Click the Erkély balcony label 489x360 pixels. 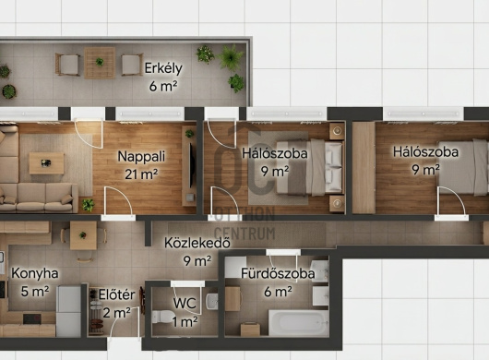[x=163, y=68]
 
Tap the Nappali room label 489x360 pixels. [x=141, y=156]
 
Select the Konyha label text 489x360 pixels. [x=35, y=273]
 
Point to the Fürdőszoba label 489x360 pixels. [x=278, y=273]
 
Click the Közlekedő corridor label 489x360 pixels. [x=197, y=243]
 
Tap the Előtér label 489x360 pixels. [x=117, y=294]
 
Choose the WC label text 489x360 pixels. [x=185, y=303]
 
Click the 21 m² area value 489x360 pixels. [x=141, y=174]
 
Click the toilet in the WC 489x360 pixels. [x=161, y=317]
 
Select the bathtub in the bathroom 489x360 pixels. [x=298, y=322]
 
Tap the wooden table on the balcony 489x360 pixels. [x=100, y=63]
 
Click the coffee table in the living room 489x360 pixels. [x=46, y=163]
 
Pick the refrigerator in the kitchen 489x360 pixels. [x=68, y=311]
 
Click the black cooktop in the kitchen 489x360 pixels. [x=32, y=318]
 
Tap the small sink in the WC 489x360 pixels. [x=212, y=301]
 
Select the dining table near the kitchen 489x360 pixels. [x=83, y=235]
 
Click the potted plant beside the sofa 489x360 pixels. [x=89, y=205]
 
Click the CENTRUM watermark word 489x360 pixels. [x=244, y=234]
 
